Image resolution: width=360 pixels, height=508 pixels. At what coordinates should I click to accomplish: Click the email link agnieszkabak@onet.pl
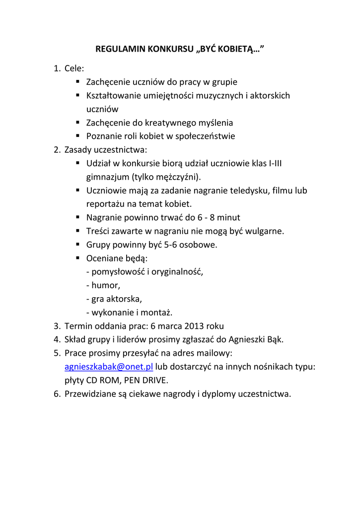point(109,367)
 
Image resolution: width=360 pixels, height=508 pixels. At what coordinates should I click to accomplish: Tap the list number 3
point(57,326)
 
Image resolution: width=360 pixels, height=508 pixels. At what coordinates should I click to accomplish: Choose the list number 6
point(57,394)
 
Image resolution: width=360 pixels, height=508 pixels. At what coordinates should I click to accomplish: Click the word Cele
point(74,68)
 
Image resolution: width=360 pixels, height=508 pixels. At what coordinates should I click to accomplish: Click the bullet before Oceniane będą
point(78,258)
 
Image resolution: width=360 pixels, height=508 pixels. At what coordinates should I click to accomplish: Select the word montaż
point(158,313)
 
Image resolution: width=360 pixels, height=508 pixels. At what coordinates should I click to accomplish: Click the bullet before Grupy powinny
point(78,244)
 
